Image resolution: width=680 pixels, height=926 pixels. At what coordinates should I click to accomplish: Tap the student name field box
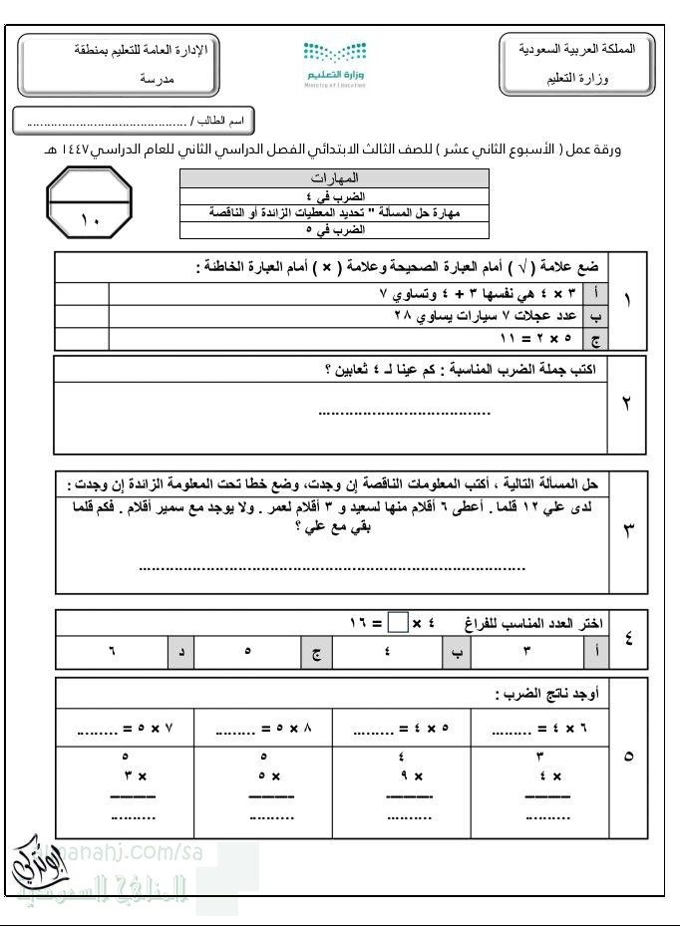pyautogui.click(x=134, y=121)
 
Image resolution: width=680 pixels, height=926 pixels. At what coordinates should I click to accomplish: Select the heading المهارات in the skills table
pyautogui.click(x=335, y=177)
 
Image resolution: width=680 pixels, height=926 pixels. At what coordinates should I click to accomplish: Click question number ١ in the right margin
pyautogui.click(x=627, y=300)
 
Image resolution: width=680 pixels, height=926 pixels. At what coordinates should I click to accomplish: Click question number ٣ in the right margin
pyautogui.click(x=627, y=530)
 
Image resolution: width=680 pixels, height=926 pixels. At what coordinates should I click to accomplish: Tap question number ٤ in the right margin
pyautogui.click(x=628, y=639)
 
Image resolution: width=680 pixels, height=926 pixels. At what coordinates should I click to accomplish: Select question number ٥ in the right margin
pyautogui.click(x=627, y=757)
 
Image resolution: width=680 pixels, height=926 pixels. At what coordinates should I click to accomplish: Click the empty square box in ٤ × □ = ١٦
pyautogui.click(x=397, y=623)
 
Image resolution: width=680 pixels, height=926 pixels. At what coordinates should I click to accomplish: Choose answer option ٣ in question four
pyautogui.click(x=526, y=652)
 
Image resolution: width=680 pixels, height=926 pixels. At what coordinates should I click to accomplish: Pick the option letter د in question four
pyautogui.click(x=180, y=652)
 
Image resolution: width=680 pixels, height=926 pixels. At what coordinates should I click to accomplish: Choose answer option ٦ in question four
pyautogui.click(x=112, y=652)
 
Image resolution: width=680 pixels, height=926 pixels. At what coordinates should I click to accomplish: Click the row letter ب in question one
pyautogui.click(x=596, y=317)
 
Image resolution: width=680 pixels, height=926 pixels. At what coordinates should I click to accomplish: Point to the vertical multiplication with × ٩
pyautogui.click(x=409, y=776)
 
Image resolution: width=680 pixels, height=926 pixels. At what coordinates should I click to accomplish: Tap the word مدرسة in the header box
pyautogui.click(x=157, y=78)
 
